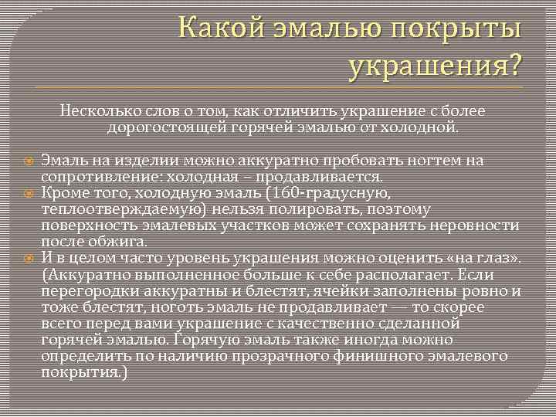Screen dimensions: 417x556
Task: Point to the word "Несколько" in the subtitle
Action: point(95,111)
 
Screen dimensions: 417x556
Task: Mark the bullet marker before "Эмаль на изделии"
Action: point(28,161)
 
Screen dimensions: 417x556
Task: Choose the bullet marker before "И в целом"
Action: point(28,258)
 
